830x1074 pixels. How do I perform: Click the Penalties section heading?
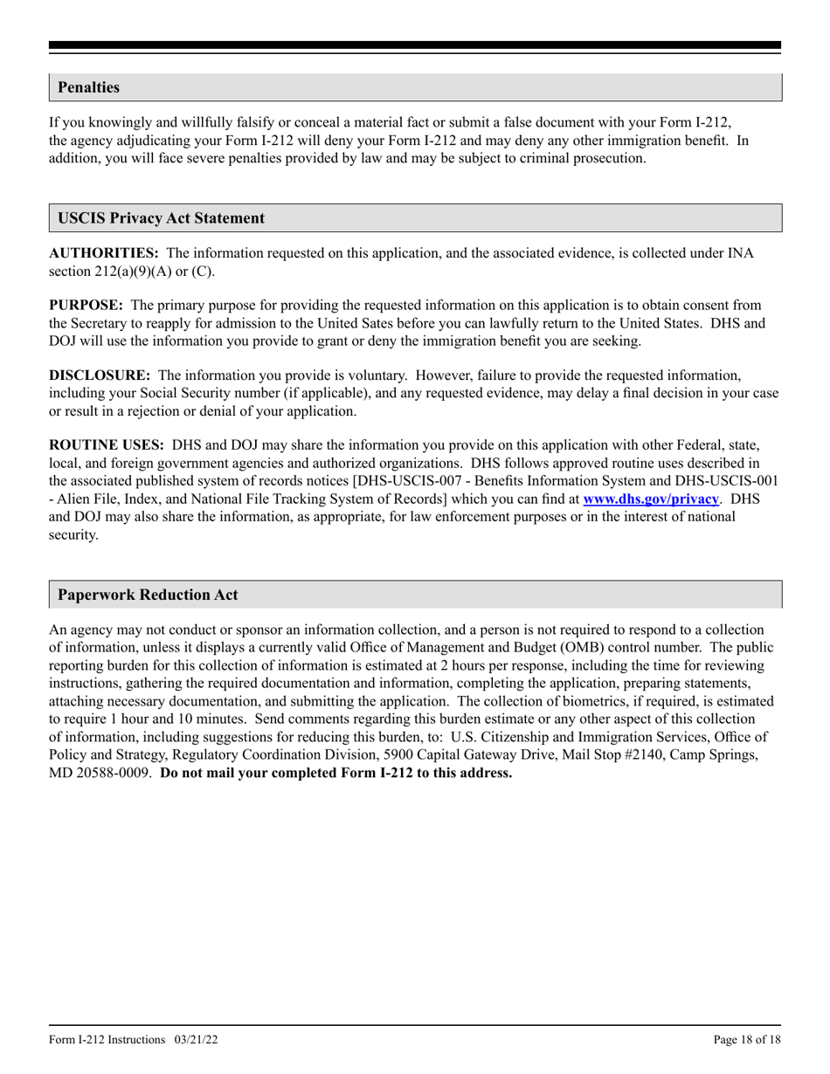click(x=88, y=87)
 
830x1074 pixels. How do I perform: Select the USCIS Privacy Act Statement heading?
click(x=161, y=218)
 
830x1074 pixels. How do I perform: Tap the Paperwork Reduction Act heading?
click(x=148, y=595)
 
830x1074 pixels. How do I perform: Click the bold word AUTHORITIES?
click(x=103, y=253)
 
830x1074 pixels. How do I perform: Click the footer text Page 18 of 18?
click(x=747, y=1039)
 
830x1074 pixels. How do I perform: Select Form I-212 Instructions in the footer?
click(x=107, y=1039)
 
